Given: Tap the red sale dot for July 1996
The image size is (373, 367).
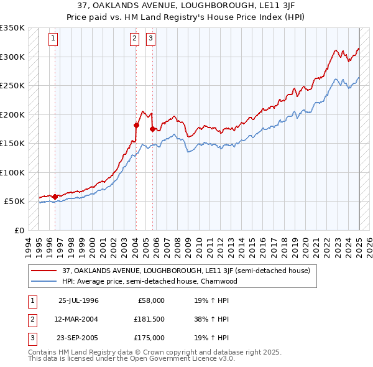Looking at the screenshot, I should pos(55,197).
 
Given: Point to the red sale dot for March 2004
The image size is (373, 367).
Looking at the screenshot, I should pos(136,125).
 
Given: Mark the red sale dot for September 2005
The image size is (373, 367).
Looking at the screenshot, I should pos(152,129).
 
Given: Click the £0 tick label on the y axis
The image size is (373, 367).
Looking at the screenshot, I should pos(19,230).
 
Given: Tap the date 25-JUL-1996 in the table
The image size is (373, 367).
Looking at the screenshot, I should pos(78,300).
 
